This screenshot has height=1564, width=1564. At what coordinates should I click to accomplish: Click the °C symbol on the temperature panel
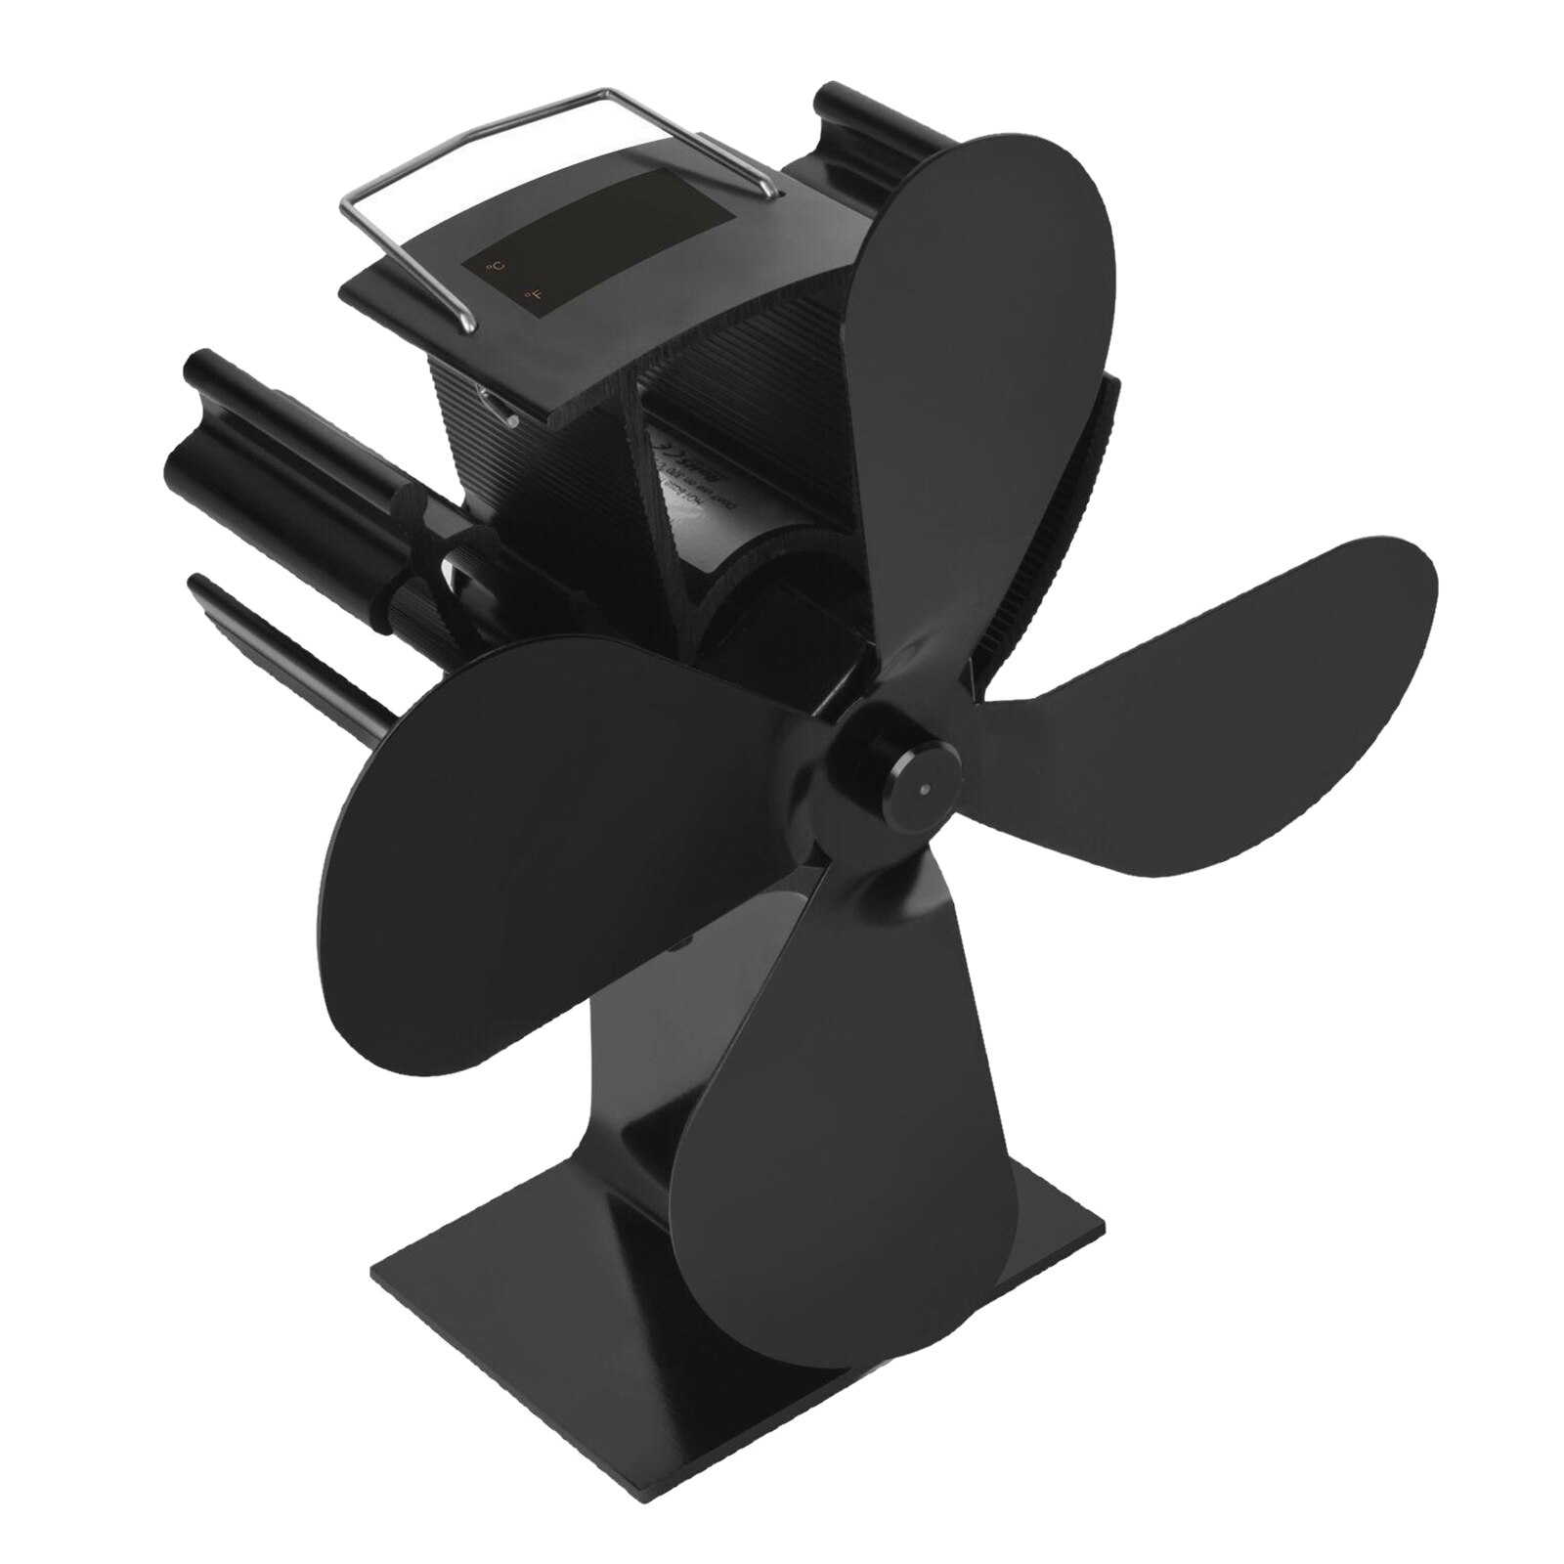coord(498,266)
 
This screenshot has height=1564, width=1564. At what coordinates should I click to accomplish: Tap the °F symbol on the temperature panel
coord(532,291)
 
